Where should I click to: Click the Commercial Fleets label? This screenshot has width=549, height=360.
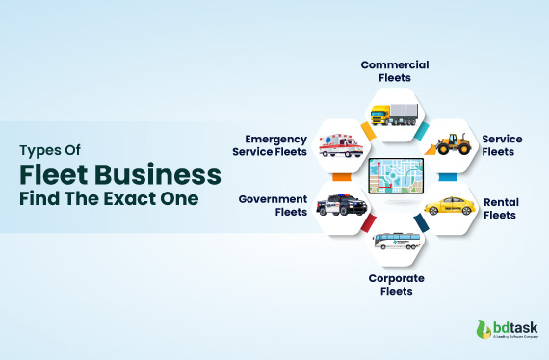395,71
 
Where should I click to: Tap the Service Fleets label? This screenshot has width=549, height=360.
502,145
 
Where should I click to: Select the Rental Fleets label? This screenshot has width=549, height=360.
500,208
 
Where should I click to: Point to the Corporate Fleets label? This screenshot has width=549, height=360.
395,284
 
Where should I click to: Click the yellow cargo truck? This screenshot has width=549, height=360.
394,114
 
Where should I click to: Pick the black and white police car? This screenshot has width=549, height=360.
341,204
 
